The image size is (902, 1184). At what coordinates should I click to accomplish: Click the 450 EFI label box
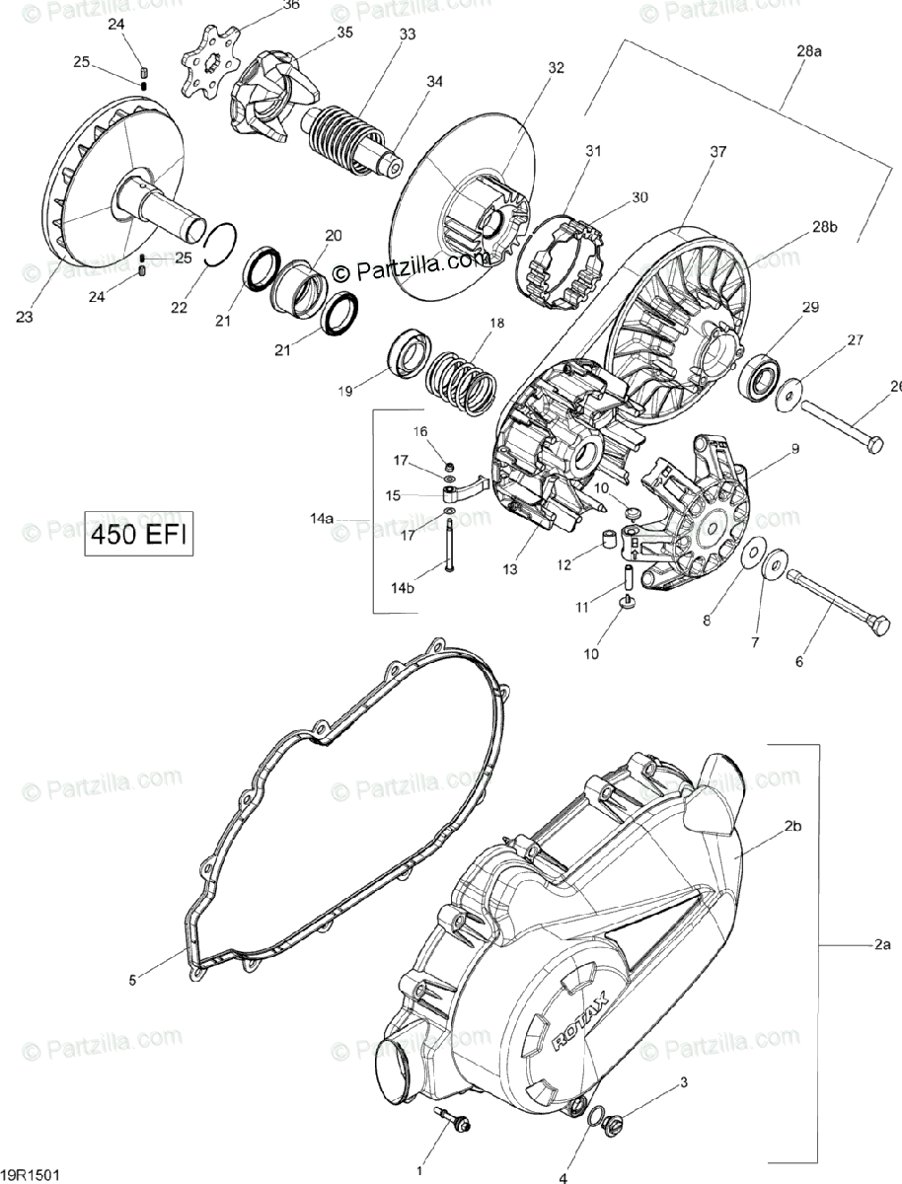(x=137, y=535)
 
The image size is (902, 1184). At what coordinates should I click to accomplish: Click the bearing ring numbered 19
(x=408, y=352)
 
